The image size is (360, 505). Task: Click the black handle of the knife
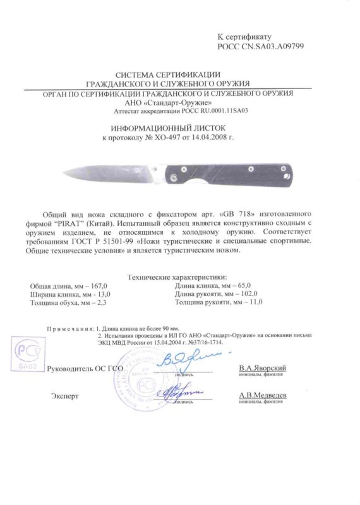click(x=253, y=173)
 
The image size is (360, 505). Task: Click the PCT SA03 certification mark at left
click(x=27, y=355)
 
